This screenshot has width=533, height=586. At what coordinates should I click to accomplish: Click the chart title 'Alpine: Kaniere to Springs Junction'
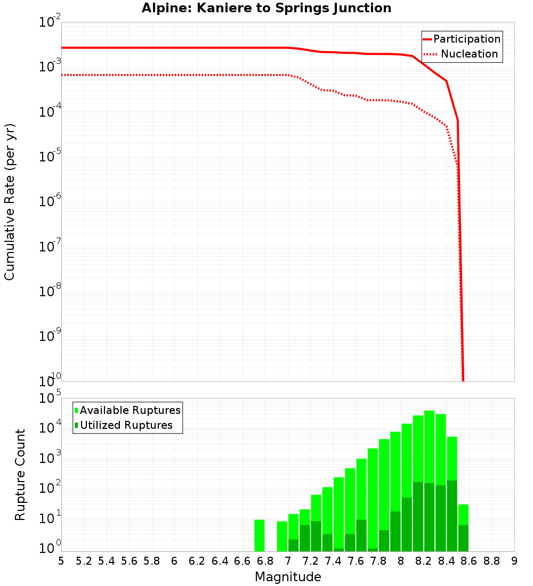[x=266, y=9]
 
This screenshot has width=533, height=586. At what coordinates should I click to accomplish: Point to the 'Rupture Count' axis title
[x=20, y=474]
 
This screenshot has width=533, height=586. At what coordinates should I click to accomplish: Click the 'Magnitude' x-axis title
[x=288, y=576]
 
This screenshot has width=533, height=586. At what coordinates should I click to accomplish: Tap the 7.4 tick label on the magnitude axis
[x=333, y=560]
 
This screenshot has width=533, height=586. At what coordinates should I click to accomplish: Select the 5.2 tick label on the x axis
[x=84, y=560]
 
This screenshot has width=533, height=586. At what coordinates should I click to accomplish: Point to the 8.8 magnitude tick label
[x=491, y=560]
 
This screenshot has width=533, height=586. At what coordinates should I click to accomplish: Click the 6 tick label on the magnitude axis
[x=174, y=560]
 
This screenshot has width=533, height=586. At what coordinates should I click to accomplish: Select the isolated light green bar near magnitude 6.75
[x=260, y=535]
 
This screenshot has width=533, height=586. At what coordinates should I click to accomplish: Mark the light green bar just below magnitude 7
[x=282, y=536]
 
